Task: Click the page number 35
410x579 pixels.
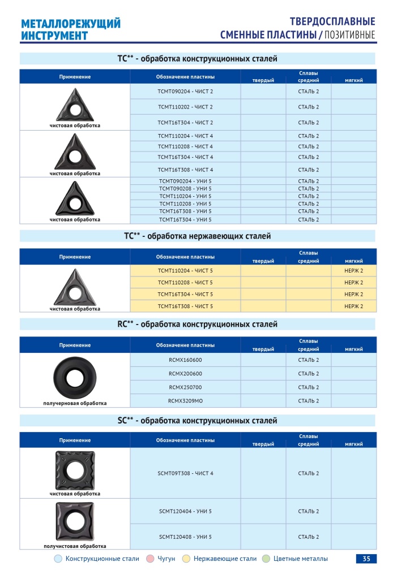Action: pos(366,559)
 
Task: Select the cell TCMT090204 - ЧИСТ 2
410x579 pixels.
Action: pos(185,91)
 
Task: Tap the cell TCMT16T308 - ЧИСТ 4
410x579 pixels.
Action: pos(185,170)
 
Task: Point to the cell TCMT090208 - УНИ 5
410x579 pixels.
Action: pos(185,188)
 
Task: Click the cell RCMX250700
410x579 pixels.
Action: pos(185,387)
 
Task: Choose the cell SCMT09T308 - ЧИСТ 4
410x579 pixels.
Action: pos(185,473)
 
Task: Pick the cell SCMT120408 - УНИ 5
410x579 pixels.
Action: pos(185,537)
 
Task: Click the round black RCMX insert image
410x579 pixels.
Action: pos(75,376)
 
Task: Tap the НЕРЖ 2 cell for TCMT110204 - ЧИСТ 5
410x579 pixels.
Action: pos(353,271)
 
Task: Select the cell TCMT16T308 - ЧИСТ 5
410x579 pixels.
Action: pos(185,306)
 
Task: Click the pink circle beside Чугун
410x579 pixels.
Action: pos(150,559)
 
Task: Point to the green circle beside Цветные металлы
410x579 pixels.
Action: pos(266,559)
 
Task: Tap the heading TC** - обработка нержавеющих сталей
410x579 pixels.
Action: pos(198,236)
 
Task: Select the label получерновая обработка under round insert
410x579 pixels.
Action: pos(75,403)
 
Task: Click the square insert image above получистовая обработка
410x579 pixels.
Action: pos(75,520)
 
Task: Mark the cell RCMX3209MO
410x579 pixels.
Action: pos(185,401)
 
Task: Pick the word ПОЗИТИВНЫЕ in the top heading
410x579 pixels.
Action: pos(349,36)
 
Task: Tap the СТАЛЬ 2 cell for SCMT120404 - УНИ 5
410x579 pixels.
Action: pos(309,511)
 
